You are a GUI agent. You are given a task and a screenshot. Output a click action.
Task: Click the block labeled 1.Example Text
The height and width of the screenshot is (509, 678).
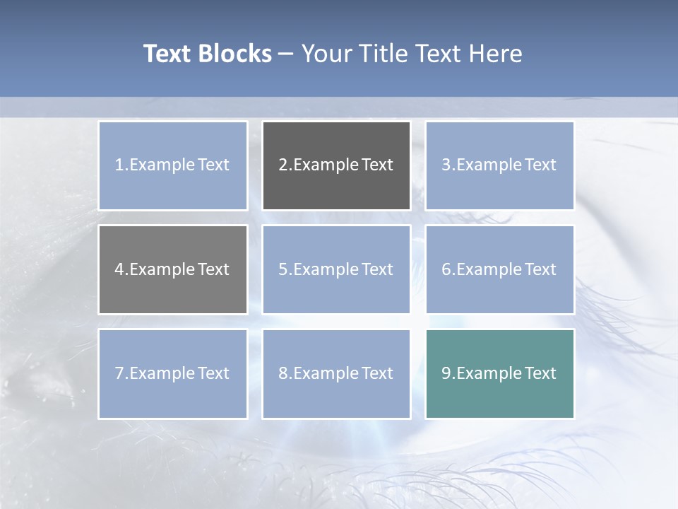173,165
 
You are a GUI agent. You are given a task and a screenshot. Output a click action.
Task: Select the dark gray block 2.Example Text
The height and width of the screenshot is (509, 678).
336,165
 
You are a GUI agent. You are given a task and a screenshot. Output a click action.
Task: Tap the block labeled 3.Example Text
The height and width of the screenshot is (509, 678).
500,165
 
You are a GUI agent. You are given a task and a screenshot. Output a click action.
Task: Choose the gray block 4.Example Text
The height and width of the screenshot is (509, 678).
173,269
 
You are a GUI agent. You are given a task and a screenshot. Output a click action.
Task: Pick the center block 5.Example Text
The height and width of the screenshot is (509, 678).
336,269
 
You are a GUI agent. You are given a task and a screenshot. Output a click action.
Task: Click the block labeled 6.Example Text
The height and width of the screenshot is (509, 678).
500,269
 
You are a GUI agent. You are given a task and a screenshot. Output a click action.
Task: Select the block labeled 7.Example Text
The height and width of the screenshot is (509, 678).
173,373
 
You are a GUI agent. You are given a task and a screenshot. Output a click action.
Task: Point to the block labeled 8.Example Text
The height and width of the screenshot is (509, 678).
336,373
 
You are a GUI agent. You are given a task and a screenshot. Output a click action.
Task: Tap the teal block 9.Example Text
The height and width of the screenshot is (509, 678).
500,373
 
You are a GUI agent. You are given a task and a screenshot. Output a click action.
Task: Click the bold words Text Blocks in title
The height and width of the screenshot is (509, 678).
208,54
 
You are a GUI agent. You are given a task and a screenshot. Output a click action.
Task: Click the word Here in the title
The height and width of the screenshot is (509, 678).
495,54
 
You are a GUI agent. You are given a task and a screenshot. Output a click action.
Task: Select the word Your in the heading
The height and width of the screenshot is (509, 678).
326,54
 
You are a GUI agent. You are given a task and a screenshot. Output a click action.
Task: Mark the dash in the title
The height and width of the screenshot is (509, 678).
286,54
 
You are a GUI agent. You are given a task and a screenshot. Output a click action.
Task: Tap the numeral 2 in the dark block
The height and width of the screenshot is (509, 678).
282,165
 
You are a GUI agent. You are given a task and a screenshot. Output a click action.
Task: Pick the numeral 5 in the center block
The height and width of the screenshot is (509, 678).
282,269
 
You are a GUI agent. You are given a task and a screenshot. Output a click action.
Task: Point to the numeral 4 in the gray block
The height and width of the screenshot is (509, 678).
119,269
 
